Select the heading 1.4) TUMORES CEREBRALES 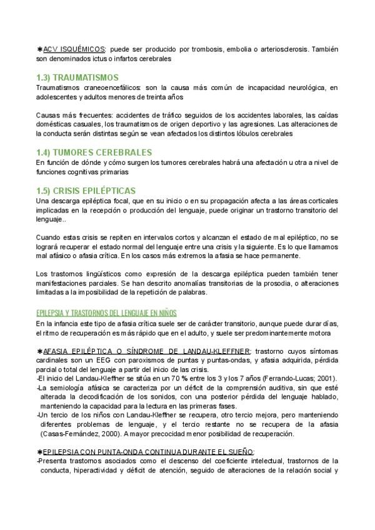[94, 152]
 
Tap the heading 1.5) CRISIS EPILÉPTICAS [86, 190]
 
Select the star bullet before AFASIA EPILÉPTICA [40, 351]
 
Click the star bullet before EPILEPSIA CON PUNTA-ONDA [40, 451]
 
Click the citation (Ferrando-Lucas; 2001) [297, 379]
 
